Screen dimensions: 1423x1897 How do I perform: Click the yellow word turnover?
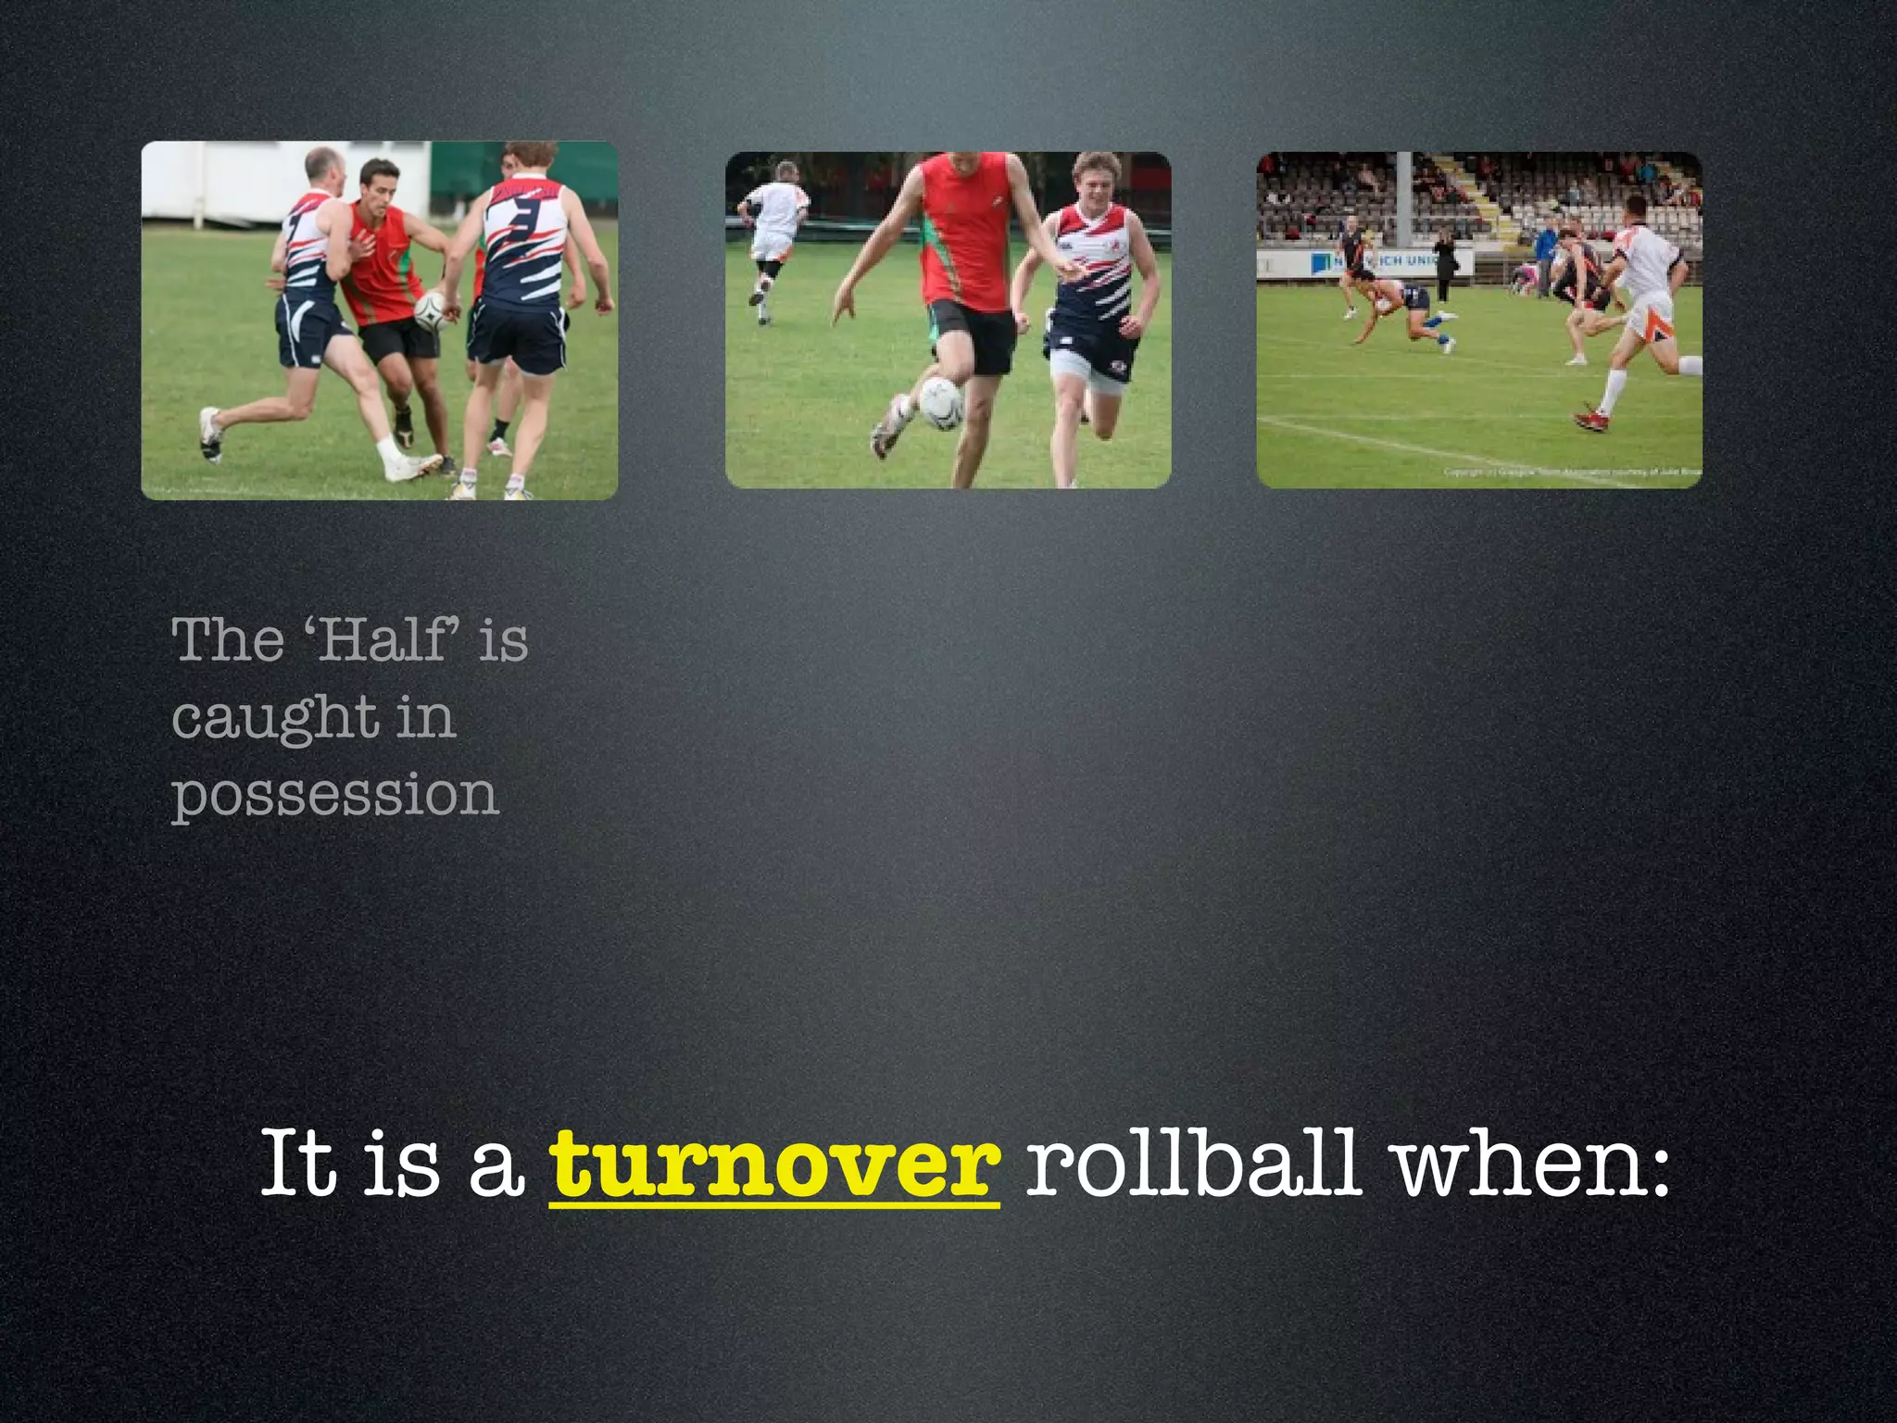pyautogui.click(x=774, y=1164)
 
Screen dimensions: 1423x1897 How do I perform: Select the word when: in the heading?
pyautogui.click(x=1533, y=1164)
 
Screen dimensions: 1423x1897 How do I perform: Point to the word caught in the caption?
pyautogui.click(x=275, y=718)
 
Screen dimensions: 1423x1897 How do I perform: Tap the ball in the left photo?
pyautogui.click(x=431, y=312)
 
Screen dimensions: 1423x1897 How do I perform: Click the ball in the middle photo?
pyautogui.click(x=941, y=403)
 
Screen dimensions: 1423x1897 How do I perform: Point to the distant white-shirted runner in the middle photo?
pyautogui.click(x=774, y=232)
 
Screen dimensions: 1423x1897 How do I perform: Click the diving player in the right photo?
pyautogui.click(x=1408, y=309)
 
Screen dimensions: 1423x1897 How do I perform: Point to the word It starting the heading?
pyautogui.click(x=296, y=1164)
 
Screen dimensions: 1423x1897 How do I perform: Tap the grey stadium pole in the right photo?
pyautogui.click(x=1403, y=199)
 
